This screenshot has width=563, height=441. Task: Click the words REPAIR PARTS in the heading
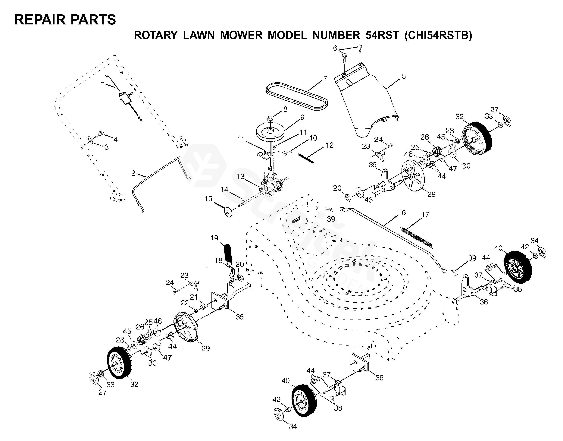click(x=65, y=20)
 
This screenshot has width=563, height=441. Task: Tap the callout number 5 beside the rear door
click(x=404, y=76)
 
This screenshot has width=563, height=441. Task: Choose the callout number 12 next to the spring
click(x=330, y=145)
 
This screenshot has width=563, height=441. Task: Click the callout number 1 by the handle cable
click(x=103, y=84)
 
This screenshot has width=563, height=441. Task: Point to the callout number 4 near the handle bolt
click(x=115, y=140)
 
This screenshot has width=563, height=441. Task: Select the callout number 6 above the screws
click(x=335, y=48)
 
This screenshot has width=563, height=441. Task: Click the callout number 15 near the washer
click(x=208, y=199)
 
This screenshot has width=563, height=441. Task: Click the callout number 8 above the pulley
click(x=285, y=109)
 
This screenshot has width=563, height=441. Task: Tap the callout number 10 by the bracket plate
click(x=313, y=138)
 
